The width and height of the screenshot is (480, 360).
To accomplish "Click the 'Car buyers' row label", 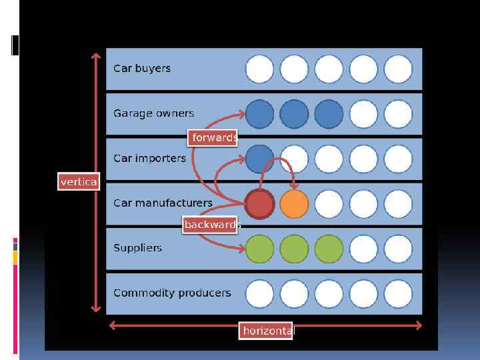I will [x=142, y=68].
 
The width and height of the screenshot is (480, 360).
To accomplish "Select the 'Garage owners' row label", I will [x=154, y=113].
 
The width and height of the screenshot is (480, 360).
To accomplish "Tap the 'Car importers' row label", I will [x=150, y=159].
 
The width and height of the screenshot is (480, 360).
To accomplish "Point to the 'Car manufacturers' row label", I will [x=163, y=203].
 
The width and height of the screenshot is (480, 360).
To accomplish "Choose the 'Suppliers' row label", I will [x=138, y=247].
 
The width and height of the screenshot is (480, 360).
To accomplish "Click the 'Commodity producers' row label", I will [x=173, y=293].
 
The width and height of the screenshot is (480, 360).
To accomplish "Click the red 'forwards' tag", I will [x=213, y=137].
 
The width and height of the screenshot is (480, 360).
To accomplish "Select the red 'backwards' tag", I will [x=211, y=225].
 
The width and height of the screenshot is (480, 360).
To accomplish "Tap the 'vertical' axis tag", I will [x=79, y=181].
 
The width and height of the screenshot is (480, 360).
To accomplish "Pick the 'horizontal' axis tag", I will [x=267, y=331].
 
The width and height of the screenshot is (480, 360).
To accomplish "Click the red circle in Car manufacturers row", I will [x=259, y=204].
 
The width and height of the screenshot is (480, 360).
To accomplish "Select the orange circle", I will [x=294, y=204].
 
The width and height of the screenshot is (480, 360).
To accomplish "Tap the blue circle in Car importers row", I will [x=259, y=159].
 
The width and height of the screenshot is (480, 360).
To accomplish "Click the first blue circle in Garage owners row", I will [x=259, y=114].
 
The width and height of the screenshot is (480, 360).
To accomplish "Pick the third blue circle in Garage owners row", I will [x=329, y=114].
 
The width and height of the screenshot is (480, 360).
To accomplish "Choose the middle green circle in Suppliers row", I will [x=294, y=249].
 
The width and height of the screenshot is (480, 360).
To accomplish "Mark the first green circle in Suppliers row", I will [x=259, y=249].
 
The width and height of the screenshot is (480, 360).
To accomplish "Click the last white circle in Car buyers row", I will [x=398, y=69].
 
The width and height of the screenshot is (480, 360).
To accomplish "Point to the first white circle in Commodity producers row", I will [x=259, y=293].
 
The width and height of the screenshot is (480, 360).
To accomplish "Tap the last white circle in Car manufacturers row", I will [x=398, y=204].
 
